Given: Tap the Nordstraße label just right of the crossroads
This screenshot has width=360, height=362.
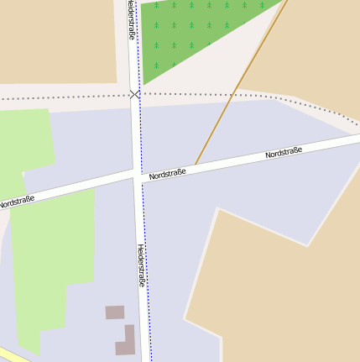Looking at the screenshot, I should point(167,174).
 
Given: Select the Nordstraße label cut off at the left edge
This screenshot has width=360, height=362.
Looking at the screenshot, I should point(17,202).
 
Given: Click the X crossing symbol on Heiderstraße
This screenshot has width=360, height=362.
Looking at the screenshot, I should point(135,94).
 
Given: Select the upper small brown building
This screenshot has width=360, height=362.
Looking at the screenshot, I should point(114,312).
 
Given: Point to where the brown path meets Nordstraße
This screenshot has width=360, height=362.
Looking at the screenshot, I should point(195,165).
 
